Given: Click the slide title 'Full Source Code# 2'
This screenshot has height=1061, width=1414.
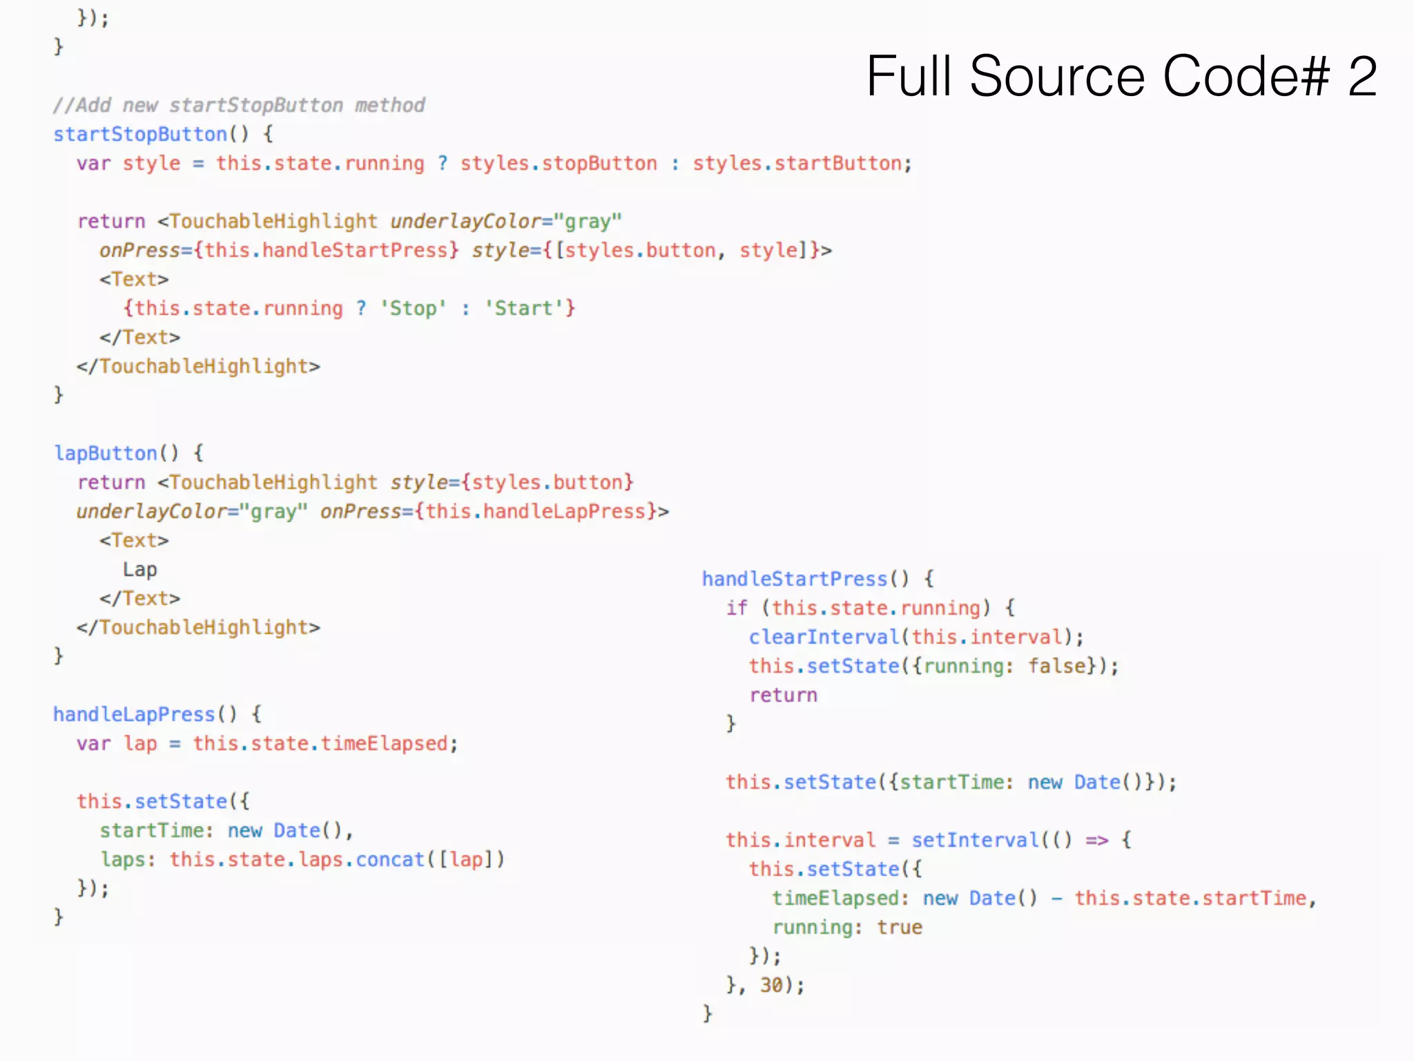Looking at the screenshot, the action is (x=1121, y=76).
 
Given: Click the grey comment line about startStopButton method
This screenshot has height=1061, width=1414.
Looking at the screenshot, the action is (x=239, y=106).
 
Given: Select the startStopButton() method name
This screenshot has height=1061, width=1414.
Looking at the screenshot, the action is (x=140, y=134).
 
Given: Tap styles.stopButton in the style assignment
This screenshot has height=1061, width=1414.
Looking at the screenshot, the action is (x=559, y=164).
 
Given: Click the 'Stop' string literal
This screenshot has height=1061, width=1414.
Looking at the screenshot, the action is (x=413, y=308).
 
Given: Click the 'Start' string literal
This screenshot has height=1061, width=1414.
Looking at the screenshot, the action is (x=523, y=308).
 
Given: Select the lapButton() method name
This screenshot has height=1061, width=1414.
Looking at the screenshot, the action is (x=106, y=453).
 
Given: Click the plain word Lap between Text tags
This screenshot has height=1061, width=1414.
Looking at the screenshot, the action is (x=139, y=569).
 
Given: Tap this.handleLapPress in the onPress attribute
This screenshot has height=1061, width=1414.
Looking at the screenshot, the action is (x=536, y=511).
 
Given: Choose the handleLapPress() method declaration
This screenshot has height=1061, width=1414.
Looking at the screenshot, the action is (x=134, y=714).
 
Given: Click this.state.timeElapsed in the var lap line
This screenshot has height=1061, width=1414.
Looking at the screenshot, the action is (x=320, y=743).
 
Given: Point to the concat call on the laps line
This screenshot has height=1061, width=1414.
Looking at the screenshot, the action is (x=390, y=859).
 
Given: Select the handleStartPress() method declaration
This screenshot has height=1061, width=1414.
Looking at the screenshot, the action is (x=794, y=579).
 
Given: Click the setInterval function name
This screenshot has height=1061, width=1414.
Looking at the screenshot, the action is (x=975, y=840).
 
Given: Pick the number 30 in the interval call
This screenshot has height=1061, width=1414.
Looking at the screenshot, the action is (x=771, y=985).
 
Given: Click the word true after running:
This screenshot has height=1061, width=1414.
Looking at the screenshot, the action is (x=900, y=927).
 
